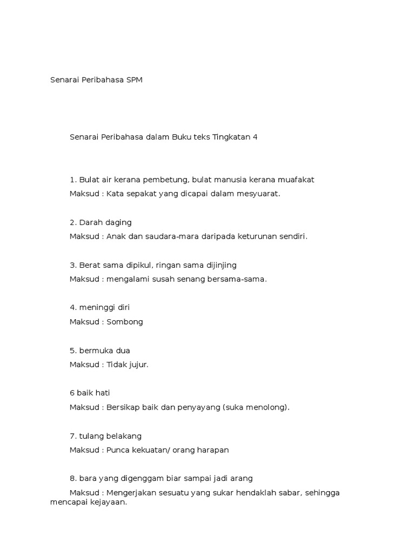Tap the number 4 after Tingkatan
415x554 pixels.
tap(255, 137)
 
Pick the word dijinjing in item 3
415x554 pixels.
tap(220, 265)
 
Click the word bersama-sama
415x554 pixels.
tap(241, 279)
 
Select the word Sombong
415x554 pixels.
tap(125, 322)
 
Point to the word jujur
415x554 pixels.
tap(138, 365)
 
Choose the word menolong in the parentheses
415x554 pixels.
tap(269, 407)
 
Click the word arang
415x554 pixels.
tap(241, 478)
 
